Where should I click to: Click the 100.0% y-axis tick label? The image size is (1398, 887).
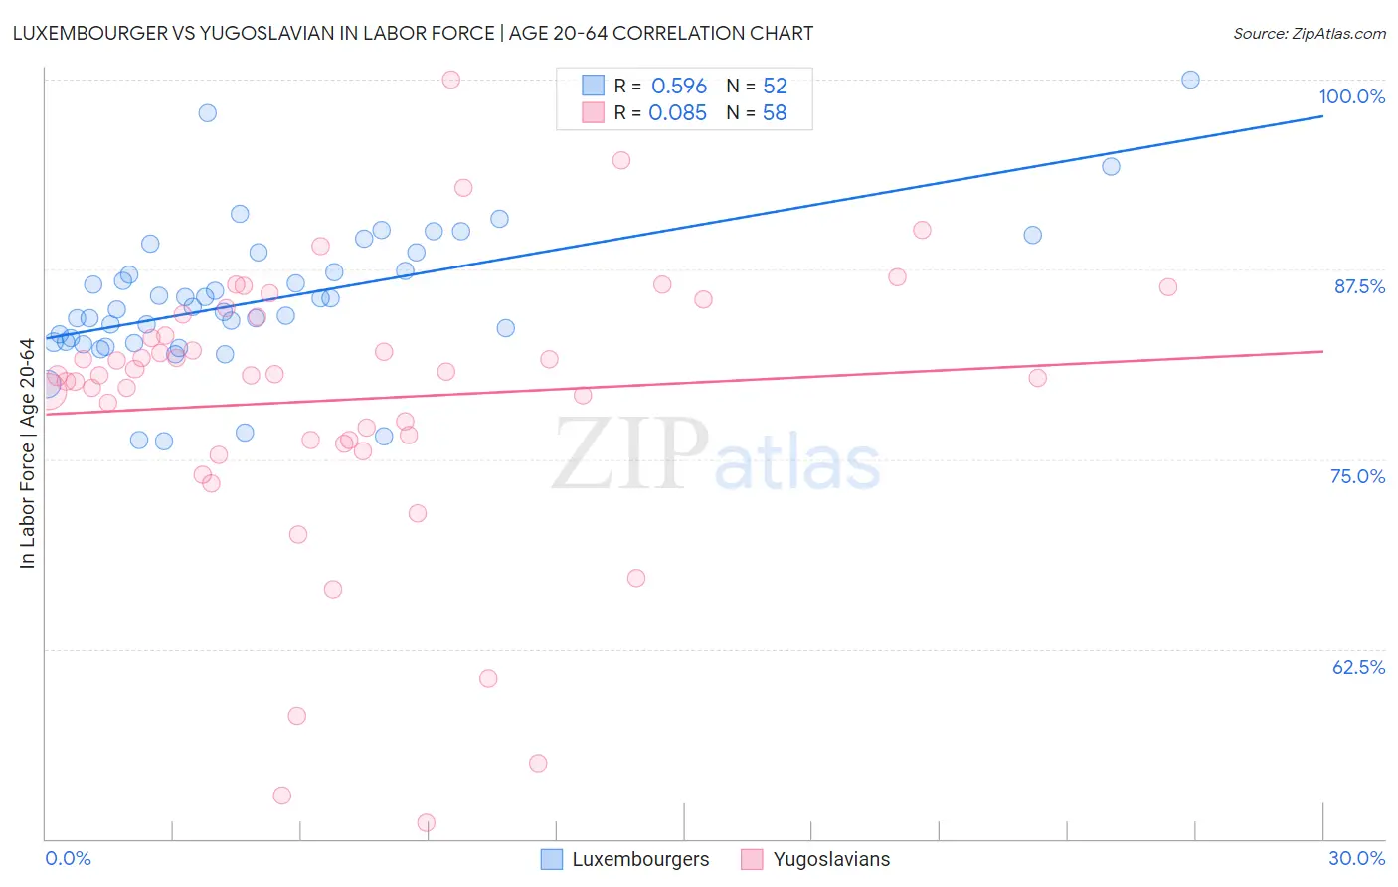pos(1351,96)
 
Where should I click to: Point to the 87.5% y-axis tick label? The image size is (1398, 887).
pos(1359,286)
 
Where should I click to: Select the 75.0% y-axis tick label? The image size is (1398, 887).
pos(1357,476)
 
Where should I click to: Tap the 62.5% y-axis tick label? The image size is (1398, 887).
pos(1358,667)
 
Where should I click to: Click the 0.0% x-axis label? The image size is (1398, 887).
pos(68,858)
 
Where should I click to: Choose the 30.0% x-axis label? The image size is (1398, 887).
pos(1356,858)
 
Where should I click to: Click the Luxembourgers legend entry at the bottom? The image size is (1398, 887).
pos(625,859)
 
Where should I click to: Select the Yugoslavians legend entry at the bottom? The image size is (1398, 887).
pos(816,859)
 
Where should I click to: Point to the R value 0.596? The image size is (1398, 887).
pos(679,87)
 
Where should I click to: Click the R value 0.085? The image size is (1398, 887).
pos(677,113)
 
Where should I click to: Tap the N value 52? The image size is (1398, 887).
pos(775,87)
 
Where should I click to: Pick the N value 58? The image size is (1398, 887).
pos(775,113)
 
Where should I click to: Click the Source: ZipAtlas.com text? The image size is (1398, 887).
pos(1310,34)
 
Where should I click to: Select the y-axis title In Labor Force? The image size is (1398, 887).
pos(27,453)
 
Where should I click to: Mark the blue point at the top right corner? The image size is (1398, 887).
pos(1190,80)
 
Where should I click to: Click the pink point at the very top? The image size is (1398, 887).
pos(450,80)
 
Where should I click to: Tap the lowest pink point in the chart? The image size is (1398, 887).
pos(427,822)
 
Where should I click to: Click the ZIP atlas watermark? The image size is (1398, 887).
pos(716,454)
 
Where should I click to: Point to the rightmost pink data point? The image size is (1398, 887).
pos(1168,287)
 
